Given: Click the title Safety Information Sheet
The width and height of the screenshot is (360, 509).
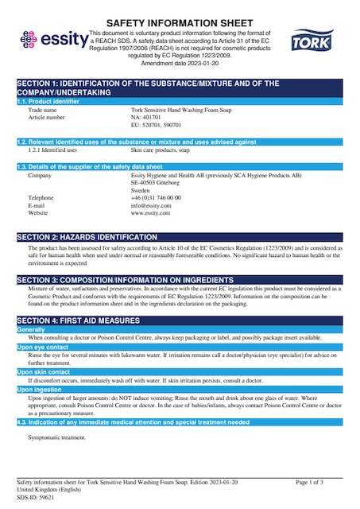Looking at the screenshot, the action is pyautogui.click(x=180, y=22).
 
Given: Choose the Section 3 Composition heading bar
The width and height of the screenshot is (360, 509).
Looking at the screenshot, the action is pyautogui.click(x=180, y=280).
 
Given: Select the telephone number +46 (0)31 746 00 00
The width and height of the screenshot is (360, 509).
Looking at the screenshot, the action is pyautogui.click(x=156, y=197).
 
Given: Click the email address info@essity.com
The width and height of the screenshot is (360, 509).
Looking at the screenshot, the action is pyautogui.click(x=151, y=205).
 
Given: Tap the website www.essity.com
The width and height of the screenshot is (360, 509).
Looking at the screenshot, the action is pyautogui.click(x=151, y=213).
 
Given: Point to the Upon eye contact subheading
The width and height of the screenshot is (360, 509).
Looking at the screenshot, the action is pyautogui.click(x=45, y=348).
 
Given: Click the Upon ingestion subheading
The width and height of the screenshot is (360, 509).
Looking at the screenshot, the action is pyautogui.click(x=41, y=390).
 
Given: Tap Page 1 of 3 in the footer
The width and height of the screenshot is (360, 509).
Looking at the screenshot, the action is pyautogui.click(x=309, y=483).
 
